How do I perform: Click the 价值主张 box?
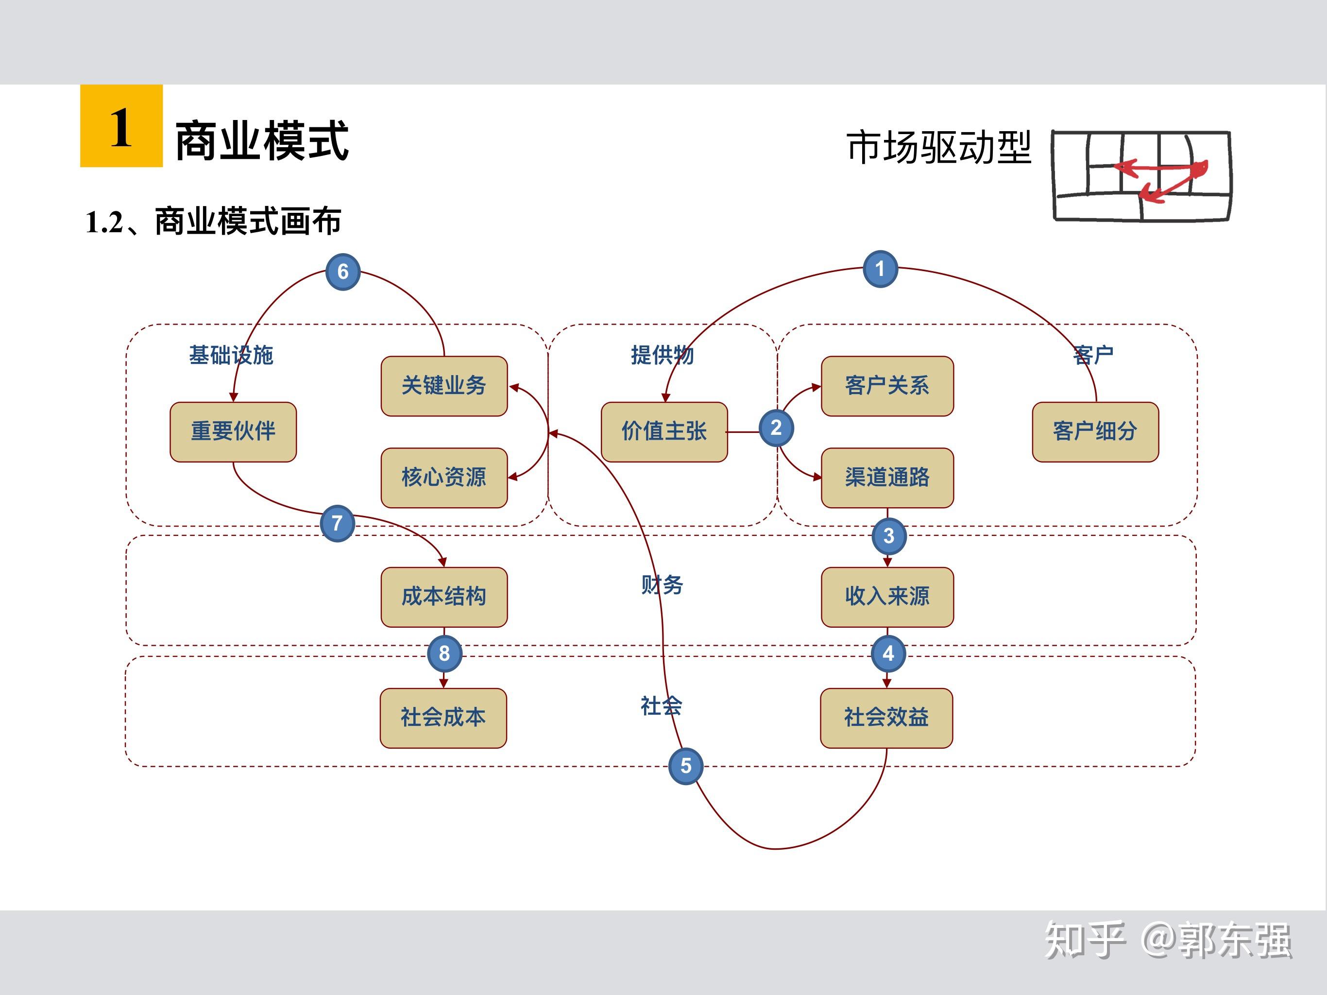(664, 431)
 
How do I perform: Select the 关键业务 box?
(444, 386)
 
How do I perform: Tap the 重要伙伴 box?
(233, 431)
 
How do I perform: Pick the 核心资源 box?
(444, 478)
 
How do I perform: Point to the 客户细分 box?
(1095, 431)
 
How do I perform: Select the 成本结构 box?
(444, 597)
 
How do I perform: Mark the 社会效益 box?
(886, 718)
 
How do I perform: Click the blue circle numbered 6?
(342, 272)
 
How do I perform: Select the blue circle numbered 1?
(880, 269)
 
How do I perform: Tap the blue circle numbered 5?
(686, 766)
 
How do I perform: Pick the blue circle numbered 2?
(776, 428)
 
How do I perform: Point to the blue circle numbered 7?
(337, 523)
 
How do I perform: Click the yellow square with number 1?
(121, 126)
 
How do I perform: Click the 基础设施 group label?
(231, 355)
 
